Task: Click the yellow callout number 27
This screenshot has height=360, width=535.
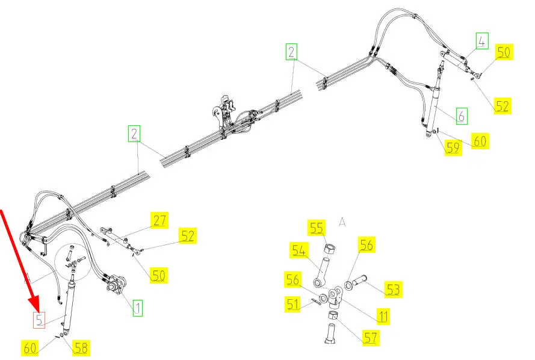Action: coord(159,220)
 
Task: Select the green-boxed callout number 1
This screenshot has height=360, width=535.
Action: coord(137,308)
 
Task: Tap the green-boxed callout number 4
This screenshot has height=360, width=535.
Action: coord(482,41)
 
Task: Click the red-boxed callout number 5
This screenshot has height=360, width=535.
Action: coord(39,320)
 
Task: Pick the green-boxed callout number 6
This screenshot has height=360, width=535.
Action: coord(462,116)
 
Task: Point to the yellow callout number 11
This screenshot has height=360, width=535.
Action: coord(383,316)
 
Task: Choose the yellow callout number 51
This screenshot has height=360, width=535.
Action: coord(292,304)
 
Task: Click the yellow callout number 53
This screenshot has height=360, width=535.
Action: coord(393,290)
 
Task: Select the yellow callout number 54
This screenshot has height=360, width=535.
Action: coord(298,250)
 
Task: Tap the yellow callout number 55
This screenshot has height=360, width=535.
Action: coord(317,228)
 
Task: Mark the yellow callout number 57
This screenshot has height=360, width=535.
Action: coord(371,338)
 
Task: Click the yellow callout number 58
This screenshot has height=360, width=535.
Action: coord(81,348)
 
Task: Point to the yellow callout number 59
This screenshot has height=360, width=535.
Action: coord(453,147)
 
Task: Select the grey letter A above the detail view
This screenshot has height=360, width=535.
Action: coord(342,223)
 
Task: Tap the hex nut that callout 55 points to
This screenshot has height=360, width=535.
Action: coord(329,249)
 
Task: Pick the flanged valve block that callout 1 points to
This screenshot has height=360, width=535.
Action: coord(116,285)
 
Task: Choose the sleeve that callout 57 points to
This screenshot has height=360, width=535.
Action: coord(333,315)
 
